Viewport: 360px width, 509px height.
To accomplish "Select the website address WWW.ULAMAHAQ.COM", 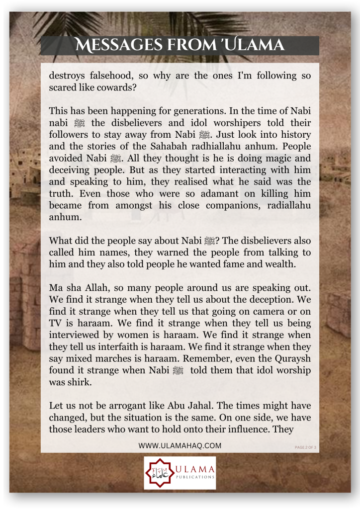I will point(180,446).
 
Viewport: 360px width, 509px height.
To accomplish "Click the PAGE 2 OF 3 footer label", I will point(305,447).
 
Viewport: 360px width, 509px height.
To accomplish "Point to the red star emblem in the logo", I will point(158,473).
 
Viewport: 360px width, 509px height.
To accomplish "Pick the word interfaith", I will point(109,346).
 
